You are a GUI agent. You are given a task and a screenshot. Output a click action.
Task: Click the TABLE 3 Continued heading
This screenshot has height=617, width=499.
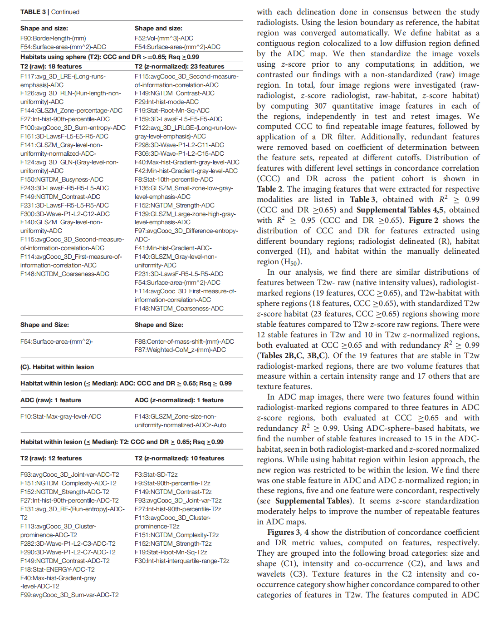click(x=50, y=12)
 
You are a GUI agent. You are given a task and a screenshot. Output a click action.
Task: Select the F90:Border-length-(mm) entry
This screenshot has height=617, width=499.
click(x=53, y=38)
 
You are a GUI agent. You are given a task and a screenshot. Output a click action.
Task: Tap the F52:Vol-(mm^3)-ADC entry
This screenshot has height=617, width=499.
click(x=164, y=38)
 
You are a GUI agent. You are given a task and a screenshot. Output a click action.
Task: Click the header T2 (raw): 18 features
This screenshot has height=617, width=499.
click(x=51, y=66)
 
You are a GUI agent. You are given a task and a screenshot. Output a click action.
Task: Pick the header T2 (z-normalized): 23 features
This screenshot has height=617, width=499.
click(x=179, y=66)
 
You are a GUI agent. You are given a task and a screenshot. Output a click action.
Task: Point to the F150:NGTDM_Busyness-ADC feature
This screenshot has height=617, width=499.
click(x=62, y=179)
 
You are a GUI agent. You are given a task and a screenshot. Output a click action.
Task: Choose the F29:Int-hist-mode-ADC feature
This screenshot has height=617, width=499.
click(x=166, y=102)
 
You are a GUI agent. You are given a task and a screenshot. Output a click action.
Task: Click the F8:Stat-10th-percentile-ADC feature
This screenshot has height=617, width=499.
click(x=174, y=179)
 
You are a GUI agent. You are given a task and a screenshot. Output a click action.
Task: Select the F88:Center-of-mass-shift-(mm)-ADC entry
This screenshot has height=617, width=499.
click(x=184, y=341)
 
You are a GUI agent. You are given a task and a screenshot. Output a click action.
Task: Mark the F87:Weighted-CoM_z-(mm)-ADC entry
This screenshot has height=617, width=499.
click(x=180, y=350)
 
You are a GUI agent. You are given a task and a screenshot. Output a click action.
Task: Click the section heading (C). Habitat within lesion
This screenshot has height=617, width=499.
click(x=57, y=367)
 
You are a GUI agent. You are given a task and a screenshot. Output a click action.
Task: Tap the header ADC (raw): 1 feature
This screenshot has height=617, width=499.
click(x=51, y=400)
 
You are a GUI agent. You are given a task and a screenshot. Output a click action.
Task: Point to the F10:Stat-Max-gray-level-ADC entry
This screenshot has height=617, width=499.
click(x=61, y=416)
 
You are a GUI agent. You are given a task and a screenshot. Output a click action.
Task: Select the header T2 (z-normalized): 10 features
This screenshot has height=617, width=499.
click(x=179, y=458)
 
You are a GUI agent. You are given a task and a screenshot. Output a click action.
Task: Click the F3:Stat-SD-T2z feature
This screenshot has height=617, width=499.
click(x=156, y=474)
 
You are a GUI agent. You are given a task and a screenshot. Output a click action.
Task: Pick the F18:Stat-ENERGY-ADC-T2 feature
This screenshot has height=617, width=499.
click(x=58, y=569)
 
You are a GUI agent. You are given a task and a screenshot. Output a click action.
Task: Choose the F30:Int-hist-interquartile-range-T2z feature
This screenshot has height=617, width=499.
click(x=182, y=561)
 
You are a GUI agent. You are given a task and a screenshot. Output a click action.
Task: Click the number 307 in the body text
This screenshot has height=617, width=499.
click(x=320, y=106)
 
